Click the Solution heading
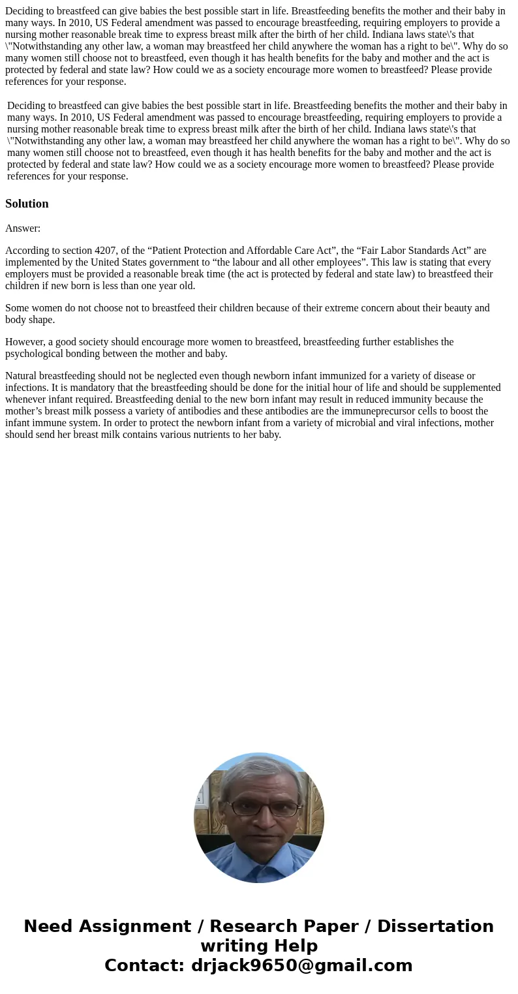[27, 204]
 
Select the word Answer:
[23, 228]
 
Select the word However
[24, 342]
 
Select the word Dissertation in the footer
[435, 927]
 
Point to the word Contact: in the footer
[145, 966]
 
